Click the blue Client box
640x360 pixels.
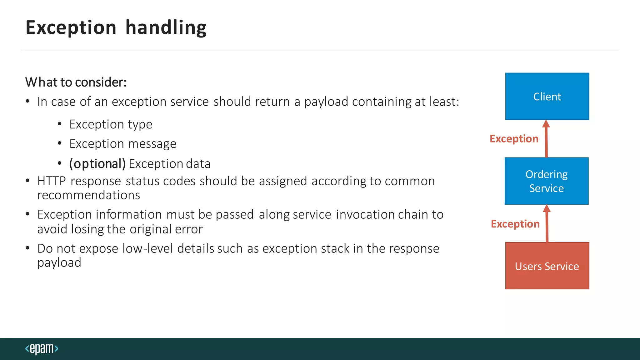[x=547, y=97]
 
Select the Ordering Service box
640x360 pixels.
[x=547, y=181]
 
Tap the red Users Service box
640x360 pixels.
[x=547, y=266]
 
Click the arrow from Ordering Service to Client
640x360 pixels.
[x=546, y=139]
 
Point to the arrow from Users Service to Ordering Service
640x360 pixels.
[x=547, y=224]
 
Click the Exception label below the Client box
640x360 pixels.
[x=514, y=139]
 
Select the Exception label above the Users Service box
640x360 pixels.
[x=515, y=224]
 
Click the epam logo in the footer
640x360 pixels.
[x=42, y=348]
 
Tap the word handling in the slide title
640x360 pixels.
[x=166, y=27]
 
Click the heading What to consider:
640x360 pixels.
[x=76, y=82]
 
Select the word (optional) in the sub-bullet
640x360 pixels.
[x=97, y=164]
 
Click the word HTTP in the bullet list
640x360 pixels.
[x=52, y=181]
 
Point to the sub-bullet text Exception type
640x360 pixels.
[x=111, y=124]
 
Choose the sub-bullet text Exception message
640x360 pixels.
[x=123, y=144]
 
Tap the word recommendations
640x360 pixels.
[x=89, y=195]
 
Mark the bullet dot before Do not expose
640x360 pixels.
[x=28, y=248]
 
